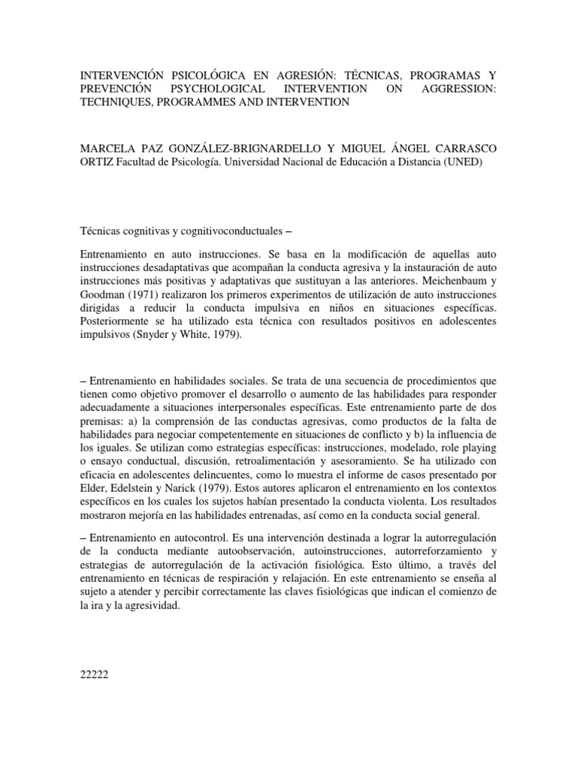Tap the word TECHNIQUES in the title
point(117,103)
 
